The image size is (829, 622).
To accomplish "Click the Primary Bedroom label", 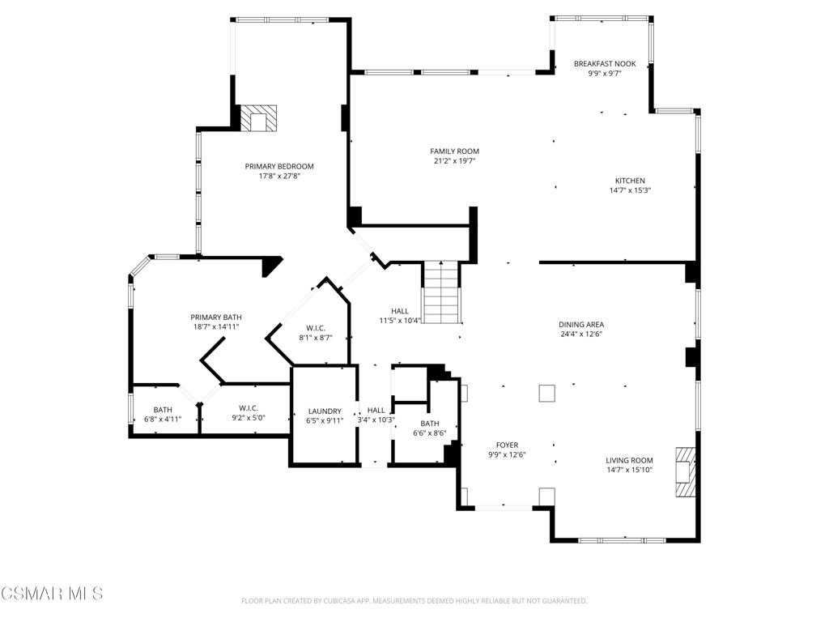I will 279,166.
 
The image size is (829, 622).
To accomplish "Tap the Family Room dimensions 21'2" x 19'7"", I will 454,161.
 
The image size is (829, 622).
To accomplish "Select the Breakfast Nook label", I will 605,63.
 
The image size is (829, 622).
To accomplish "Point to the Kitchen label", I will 630,181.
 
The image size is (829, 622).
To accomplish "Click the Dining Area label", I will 581,324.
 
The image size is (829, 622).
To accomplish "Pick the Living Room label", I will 629,460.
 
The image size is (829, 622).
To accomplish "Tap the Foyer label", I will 507,445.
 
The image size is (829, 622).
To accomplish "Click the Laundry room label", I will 324,411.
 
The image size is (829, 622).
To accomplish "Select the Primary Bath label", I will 216,317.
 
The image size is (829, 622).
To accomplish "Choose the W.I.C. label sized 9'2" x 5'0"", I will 249,407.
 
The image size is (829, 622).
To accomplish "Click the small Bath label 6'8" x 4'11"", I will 163,409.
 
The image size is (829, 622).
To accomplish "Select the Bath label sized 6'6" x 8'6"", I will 429,423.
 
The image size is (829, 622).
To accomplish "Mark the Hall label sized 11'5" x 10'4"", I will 400,310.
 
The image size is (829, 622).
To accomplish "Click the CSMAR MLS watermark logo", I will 52,594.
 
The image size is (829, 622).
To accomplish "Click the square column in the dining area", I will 547,393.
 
